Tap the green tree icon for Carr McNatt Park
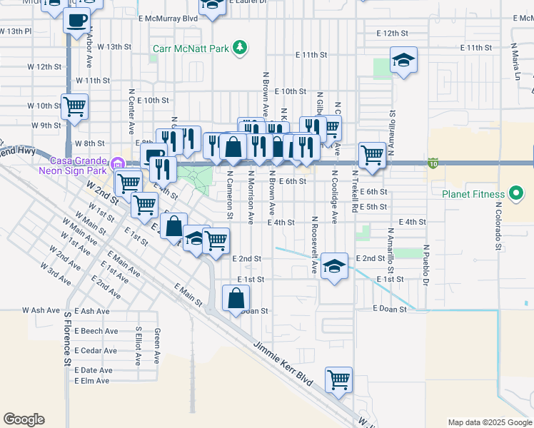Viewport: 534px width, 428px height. pos(241,48)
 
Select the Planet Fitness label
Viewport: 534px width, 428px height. pos(473,194)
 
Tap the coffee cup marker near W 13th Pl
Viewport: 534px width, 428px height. pos(77,20)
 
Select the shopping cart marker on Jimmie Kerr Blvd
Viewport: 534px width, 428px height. pos(339,379)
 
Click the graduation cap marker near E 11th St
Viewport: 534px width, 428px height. pos(403,60)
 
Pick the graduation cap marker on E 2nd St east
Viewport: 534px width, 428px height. pos(333,267)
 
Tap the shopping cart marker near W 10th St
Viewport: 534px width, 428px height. pos(74,107)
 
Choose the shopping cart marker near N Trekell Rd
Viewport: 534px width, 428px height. pos(372,154)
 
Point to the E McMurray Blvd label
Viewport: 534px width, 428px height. pos(168,18)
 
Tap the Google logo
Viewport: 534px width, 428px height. pos(24,419)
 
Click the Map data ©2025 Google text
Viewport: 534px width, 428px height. pos(489,422)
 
